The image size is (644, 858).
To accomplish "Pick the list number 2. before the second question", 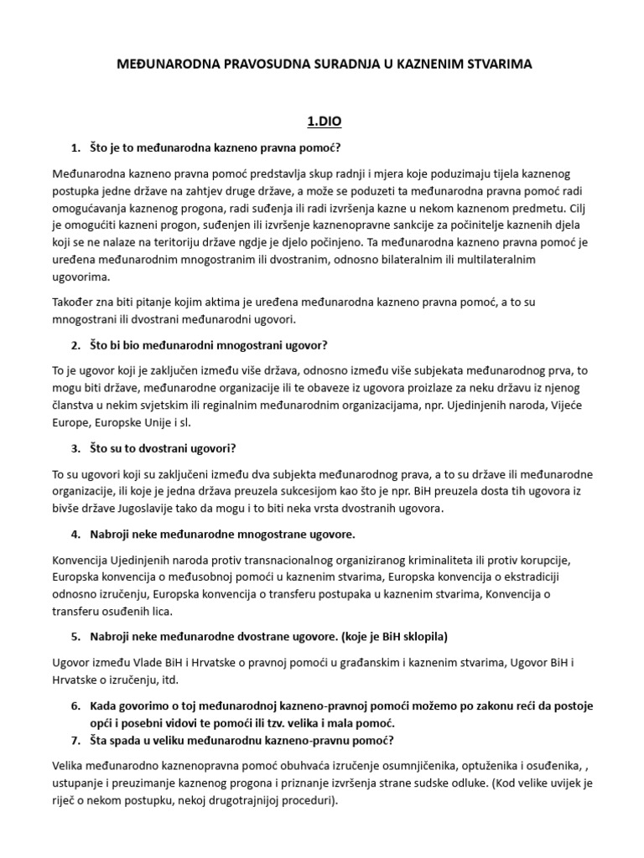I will [76, 344].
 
